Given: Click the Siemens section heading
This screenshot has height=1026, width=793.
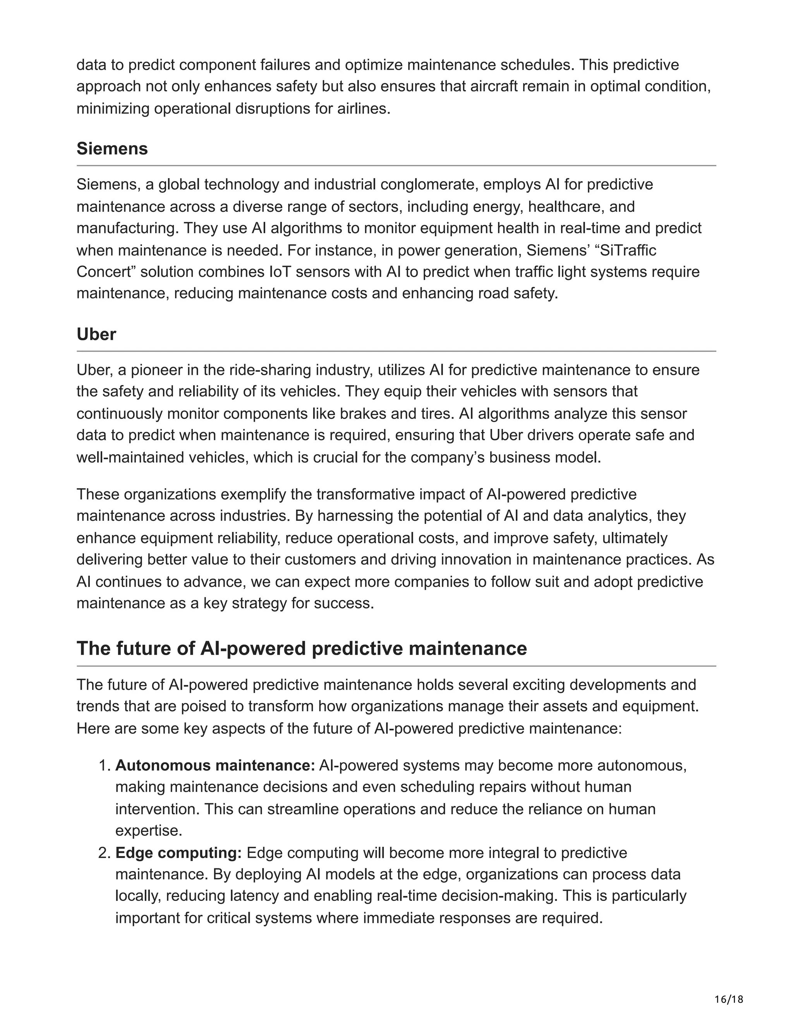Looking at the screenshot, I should [x=112, y=149].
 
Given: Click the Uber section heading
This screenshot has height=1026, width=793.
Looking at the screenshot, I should [x=96, y=335].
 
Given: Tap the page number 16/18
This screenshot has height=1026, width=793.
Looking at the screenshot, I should [x=729, y=999].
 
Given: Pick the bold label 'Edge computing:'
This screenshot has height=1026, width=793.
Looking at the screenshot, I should [x=179, y=853].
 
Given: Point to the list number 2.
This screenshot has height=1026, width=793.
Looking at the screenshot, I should [x=104, y=853].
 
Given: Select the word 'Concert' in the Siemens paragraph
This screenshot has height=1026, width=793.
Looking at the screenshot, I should [x=106, y=272].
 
